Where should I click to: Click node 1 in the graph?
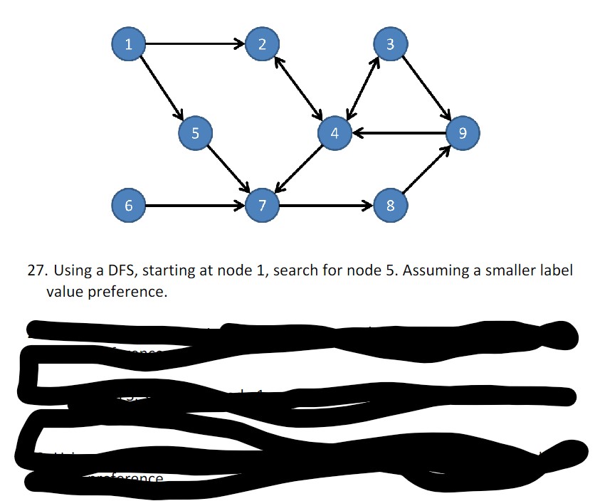click(x=128, y=44)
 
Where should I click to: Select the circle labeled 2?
click(x=263, y=44)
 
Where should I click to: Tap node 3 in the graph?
click(x=390, y=44)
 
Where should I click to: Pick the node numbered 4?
click(x=335, y=132)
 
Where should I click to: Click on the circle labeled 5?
click(x=196, y=132)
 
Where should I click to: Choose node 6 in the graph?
click(x=128, y=206)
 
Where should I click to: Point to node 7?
click(x=263, y=206)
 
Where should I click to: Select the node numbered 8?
click(x=390, y=206)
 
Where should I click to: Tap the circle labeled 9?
click(x=463, y=132)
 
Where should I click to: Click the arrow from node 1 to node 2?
click(x=195, y=44)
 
